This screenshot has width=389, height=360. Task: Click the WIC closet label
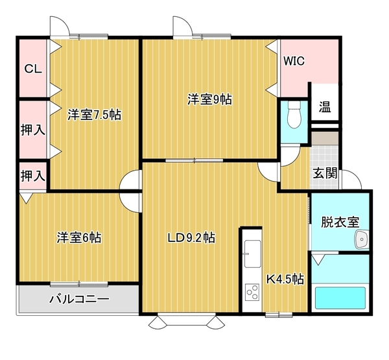[x=294, y=61]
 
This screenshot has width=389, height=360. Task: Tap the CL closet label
[x=33, y=69]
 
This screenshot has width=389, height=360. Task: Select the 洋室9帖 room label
[x=209, y=99]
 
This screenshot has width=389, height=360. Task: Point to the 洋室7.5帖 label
[x=95, y=115]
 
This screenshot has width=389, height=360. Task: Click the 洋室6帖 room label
[x=79, y=237]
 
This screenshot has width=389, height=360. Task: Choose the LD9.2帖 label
[x=191, y=238]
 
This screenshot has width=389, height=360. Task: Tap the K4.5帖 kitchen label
[x=285, y=280]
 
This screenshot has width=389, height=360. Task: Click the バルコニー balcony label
[x=79, y=299]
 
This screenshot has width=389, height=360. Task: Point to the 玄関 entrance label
[x=325, y=173]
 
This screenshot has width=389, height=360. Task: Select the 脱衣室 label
[x=340, y=222]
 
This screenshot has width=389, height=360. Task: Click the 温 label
[x=325, y=108]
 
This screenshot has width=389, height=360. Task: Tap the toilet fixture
[x=294, y=115]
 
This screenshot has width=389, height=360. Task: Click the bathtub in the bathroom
[x=340, y=298]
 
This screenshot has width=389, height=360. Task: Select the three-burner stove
[x=252, y=293]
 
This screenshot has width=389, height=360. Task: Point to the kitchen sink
[x=253, y=254]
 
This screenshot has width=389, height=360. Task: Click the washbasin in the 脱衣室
[x=362, y=239]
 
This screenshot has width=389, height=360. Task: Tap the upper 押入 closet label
[x=33, y=130]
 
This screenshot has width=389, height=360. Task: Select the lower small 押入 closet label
[x=33, y=176]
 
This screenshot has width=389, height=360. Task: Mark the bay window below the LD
[x=187, y=321]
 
